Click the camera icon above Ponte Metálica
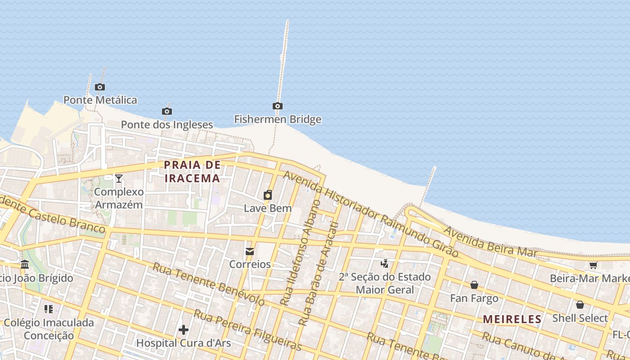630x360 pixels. click(100, 87)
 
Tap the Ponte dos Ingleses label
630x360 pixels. click(167, 125)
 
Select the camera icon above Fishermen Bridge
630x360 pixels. click(278, 106)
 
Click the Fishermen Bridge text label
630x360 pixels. click(278, 119)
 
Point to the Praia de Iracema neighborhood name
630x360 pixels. click(192, 171)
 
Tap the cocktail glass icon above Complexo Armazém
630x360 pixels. click(119, 179)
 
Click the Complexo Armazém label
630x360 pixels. click(119, 198)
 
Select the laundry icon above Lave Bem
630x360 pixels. click(268, 195)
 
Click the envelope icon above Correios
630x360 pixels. click(250, 251)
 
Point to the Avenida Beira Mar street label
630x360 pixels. click(490, 243)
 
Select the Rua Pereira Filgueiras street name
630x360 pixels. click(247, 329)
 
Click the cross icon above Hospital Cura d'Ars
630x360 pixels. click(184, 330)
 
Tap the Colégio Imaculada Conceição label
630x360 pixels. click(49, 329)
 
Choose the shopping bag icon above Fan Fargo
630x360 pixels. click(474, 285)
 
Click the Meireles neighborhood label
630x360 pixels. click(512, 319)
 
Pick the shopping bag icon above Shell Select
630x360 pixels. click(580, 305)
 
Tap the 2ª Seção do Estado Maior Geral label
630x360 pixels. click(385, 283)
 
